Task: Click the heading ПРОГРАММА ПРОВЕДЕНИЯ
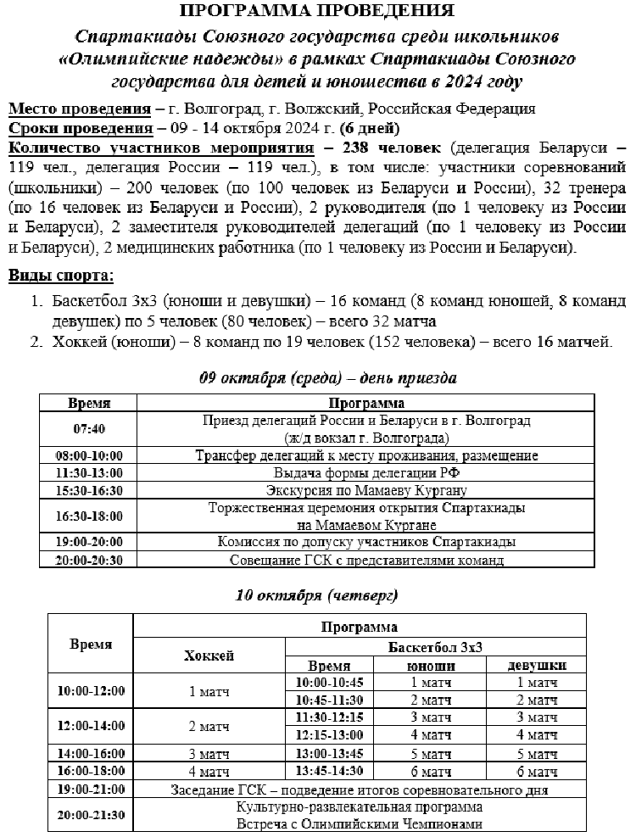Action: [317, 11]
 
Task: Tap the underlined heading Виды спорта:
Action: [60, 276]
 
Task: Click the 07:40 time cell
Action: [89, 429]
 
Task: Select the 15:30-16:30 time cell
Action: [89, 490]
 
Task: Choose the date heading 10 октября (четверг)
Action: [316, 596]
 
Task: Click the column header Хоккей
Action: [209, 656]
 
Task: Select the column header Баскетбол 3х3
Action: [435, 646]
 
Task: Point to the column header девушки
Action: [536, 666]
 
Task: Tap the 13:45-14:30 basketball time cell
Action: [330, 770]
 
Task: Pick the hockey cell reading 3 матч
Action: [209, 753]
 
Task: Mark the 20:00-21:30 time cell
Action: [91, 815]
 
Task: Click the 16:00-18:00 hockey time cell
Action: [91, 771]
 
